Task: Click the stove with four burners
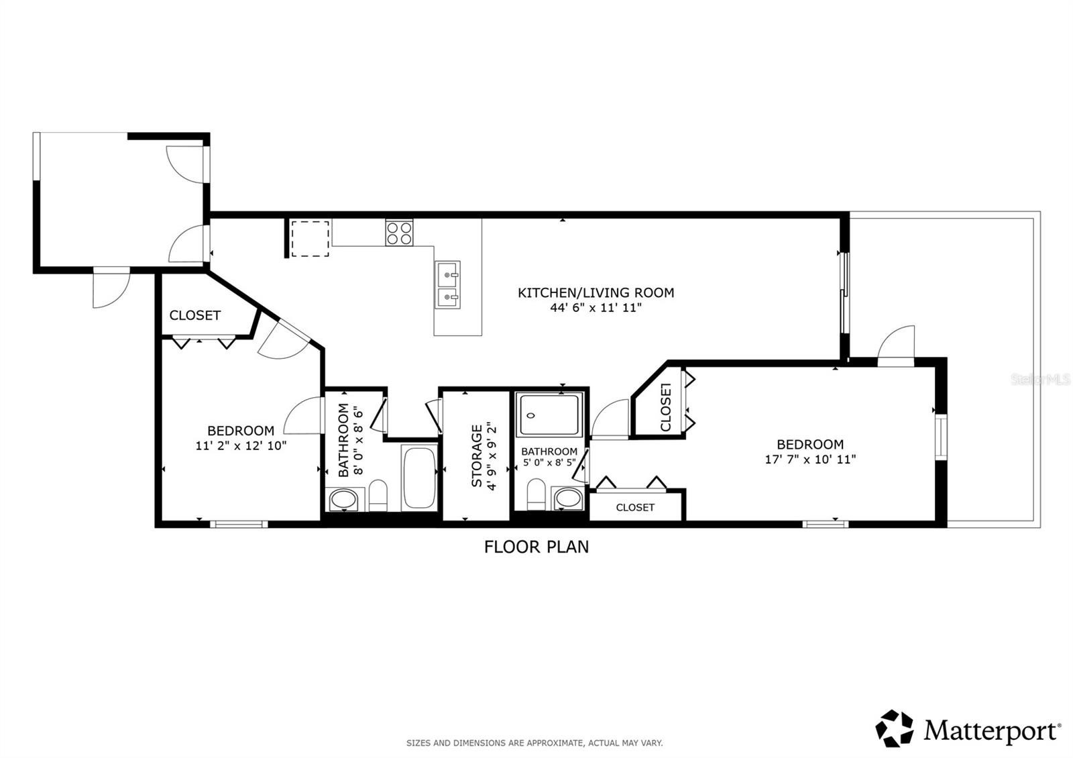(399, 232)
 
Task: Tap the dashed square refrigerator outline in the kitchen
(310, 238)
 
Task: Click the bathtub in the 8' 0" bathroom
(420, 477)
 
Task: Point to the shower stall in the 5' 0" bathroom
(549, 416)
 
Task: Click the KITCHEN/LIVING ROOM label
(596, 292)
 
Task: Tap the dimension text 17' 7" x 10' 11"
(810, 459)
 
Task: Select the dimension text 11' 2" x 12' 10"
(241, 445)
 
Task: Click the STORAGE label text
(477, 455)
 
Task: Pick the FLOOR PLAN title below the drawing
(536, 547)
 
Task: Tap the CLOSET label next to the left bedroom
(194, 315)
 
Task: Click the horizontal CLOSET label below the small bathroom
(634, 507)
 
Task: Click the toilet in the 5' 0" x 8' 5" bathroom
(536, 495)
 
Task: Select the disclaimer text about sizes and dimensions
(534, 743)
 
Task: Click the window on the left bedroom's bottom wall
(239, 524)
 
